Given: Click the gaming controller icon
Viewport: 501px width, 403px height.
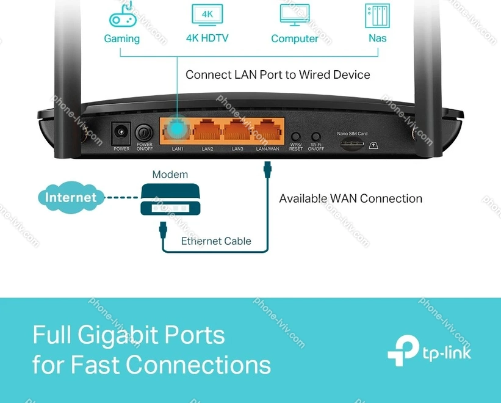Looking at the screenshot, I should coord(121,16).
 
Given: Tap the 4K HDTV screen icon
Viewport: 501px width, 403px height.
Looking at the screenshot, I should coord(207,15).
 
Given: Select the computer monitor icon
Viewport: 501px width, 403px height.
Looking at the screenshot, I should coord(294,15).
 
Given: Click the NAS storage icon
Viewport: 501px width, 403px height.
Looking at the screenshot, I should coord(377,16).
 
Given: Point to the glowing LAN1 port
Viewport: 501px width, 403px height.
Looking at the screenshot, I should coord(178,130).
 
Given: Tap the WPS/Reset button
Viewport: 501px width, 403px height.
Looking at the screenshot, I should coord(296,137).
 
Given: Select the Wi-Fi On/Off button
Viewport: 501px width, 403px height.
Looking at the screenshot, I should coord(316,137).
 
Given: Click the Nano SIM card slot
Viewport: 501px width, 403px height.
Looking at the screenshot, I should coord(352,145).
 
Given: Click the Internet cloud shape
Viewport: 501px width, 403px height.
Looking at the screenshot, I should coord(71,197).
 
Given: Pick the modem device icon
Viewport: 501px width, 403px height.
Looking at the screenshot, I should coord(170,199).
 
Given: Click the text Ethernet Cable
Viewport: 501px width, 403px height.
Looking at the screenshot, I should coord(216,241).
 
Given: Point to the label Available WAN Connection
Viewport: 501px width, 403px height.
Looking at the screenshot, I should coord(350,198).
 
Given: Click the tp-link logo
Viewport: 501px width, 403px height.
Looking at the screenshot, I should coord(430,352).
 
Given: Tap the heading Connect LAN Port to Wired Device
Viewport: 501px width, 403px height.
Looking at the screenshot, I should coord(278,75).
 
